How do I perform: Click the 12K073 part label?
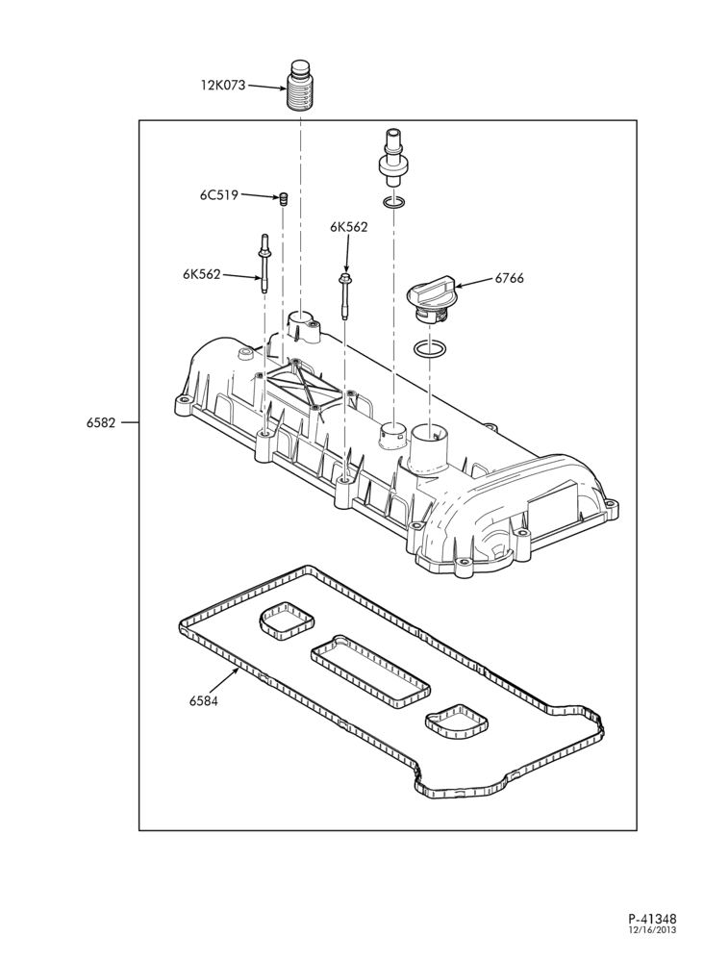[x=222, y=85]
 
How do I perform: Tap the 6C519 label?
[x=218, y=195]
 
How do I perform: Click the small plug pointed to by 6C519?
[x=284, y=199]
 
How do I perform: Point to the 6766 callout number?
[x=510, y=279]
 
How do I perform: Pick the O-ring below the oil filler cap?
[x=430, y=349]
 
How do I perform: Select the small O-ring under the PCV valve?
[x=392, y=202]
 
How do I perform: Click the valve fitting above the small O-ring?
[x=390, y=157]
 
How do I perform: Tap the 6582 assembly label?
[x=101, y=422]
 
